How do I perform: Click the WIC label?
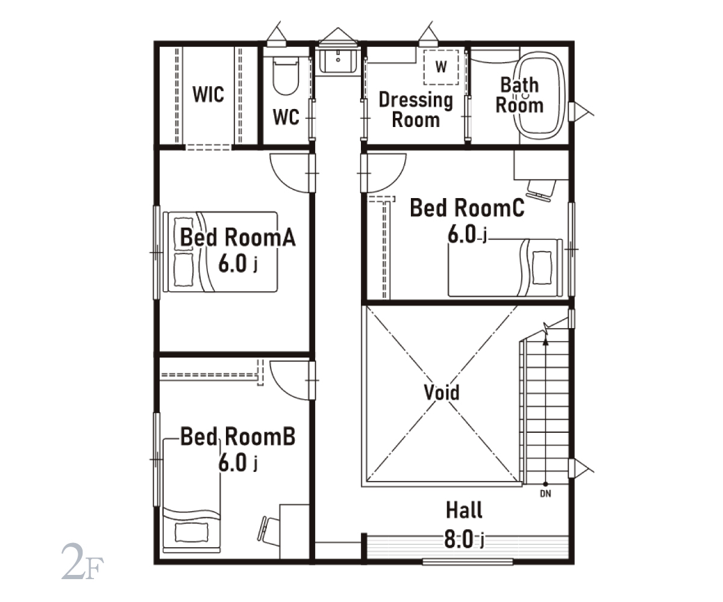coord(208,94)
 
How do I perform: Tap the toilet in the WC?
coord(286,76)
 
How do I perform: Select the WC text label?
coord(286,117)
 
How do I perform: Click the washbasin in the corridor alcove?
coord(338,61)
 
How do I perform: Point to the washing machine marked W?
coord(441,67)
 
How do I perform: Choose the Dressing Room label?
coord(416,110)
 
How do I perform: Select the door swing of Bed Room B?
coord(289,380)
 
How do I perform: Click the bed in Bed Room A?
coord(221,252)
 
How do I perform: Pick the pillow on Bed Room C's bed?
coord(542,268)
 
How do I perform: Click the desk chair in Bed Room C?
coord(540,190)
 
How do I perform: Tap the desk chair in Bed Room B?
coord(269,531)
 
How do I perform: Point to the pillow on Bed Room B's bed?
coord(192,532)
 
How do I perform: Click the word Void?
coord(442,393)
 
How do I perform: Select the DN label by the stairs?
coord(545,494)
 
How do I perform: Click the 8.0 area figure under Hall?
coord(459,539)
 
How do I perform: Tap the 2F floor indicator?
coord(83,561)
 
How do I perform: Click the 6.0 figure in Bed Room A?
coord(233,264)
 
